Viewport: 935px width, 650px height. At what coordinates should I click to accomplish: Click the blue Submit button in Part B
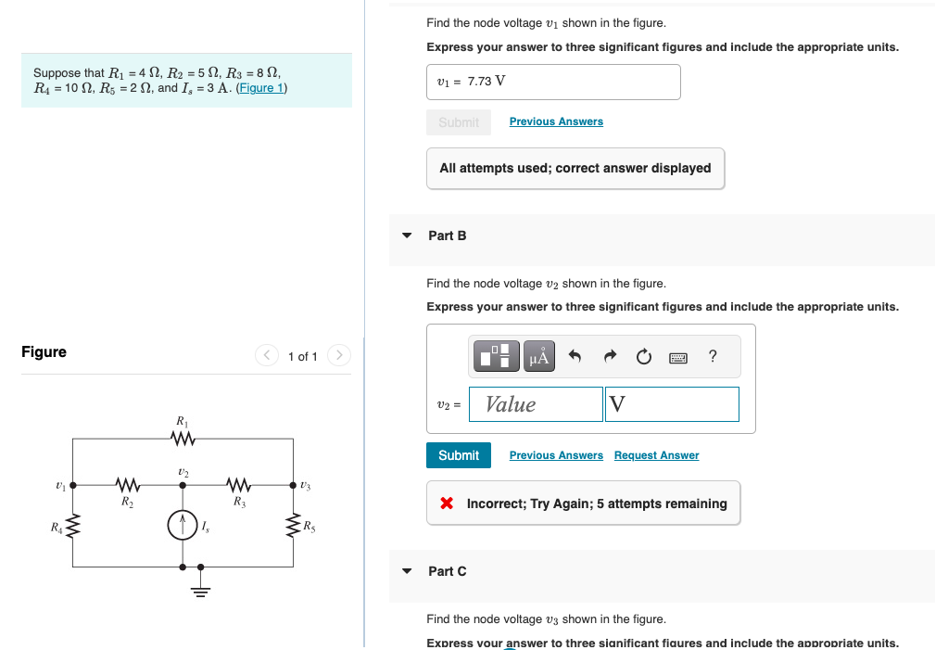click(x=459, y=455)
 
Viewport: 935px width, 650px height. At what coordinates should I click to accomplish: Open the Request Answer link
click(x=656, y=455)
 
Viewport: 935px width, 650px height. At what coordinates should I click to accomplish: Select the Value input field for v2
click(x=536, y=404)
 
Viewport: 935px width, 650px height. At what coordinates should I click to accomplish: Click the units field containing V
click(x=672, y=404)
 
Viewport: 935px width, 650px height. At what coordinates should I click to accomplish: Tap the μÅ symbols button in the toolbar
click(x=540, y=356)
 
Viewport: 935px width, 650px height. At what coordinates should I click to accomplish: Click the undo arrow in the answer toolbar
click(x=575, y=356)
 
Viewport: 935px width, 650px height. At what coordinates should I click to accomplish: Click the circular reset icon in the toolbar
click(x=644, y=356)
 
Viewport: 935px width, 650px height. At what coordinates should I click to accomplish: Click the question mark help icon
click(x=712, y=356)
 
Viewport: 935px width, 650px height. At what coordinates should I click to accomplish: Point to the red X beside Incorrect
click(x=447, y=503)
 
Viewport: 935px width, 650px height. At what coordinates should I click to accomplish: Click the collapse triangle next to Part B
click(x=406, y=236)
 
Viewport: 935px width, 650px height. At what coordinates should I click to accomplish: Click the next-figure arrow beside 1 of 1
click(x=340, y=356)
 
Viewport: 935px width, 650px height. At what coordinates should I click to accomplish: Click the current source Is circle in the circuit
click(x=183, y=526)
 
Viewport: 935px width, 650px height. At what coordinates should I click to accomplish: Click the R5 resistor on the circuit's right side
click(x=296, y=527)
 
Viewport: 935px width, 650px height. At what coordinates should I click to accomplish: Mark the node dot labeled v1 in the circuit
click(x=73, y=483)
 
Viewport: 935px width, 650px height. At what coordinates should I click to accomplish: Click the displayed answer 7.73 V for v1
click(x=486, y=82)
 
